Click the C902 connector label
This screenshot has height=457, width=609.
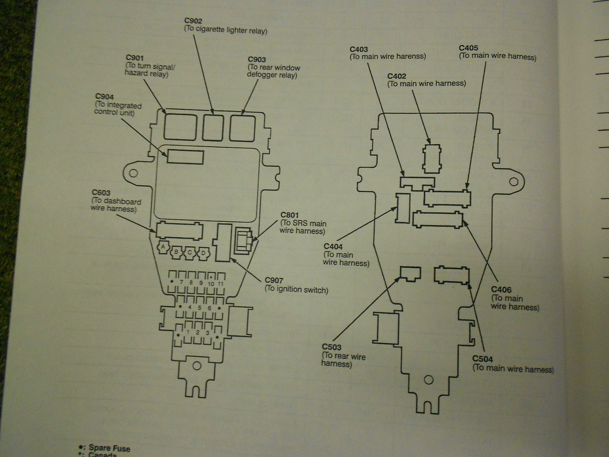(x=193, y=20)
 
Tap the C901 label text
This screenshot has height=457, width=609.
(x=134, y=58)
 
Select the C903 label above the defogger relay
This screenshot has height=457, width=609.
(x=257, y=59)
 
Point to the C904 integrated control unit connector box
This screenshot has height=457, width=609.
(x=185, y=157)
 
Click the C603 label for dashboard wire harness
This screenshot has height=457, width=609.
(x=101, y=192)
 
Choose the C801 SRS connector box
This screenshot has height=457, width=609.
(x=243, y=241)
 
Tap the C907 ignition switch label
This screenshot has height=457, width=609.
(x=274, y=280)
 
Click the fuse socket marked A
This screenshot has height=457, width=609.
(x=163, y=247)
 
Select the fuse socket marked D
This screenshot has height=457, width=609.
(x=204, y=253)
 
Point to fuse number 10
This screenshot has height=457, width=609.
(x=211, y=284)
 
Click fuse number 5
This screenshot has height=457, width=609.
(x=199, y=307)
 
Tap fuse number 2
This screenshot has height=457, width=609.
(x=197, y=333)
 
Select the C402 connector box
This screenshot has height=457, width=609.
(x=432, y=159)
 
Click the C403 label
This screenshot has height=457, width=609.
(x=358, y=49)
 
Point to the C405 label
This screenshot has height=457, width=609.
(x=468, y=48)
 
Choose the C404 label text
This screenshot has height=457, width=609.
(x=333, y=246)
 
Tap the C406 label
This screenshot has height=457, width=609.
(x=501, y=289)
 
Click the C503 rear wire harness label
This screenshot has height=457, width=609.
(x=331, y=347)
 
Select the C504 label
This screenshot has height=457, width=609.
(x=483, y=359)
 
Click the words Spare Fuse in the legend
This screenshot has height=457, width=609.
(x=109, y=448)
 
